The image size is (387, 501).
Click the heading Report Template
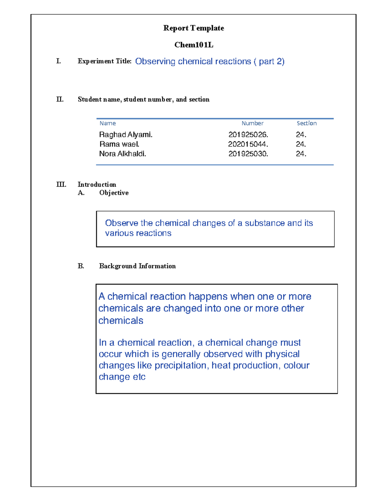click(x=193, y=28)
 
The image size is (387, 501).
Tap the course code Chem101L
click(x=193, y=45)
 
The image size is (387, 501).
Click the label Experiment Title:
click(x=104, y=61)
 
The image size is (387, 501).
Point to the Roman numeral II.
click(x=60, y=99)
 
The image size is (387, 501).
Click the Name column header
click(x=107, y=123)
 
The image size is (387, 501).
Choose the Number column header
click(x=253, y=123)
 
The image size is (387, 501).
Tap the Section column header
click(x=306, y=123)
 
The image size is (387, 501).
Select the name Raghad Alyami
click(x=125, y=135)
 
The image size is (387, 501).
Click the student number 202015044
click(x=248, y=144)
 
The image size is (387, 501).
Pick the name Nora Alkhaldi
click(x=122, y=154)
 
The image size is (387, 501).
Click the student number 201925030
click(x=248, y=154)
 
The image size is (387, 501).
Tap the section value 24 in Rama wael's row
click(x=301, y=144)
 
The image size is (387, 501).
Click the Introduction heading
click(x=97, y=185)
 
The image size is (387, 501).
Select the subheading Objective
click(x=114, y=193)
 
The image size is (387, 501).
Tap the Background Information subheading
click(x=137, y=266)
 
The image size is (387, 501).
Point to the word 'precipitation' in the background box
click(x=181, y=366)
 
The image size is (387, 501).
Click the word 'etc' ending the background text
click(x=139, y=377)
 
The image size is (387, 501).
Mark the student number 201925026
click(x=248, y=135)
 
